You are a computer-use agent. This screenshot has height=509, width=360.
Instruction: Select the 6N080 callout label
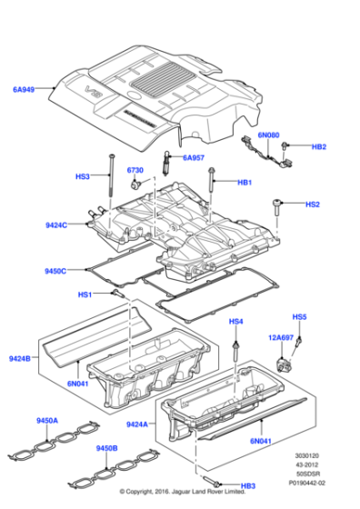(x=269, y=135)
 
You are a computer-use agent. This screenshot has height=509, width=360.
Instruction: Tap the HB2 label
(x=318, y=146)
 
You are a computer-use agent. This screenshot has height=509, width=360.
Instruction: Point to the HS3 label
(x=83, y=177)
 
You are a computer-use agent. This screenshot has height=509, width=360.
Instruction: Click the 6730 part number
(x=135, y=170)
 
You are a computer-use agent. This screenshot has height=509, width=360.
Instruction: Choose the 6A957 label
(x=195, y=157)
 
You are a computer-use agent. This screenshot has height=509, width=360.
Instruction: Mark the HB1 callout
(x=245, y=183)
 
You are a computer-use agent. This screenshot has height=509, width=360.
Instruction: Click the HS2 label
(x=312, y=205)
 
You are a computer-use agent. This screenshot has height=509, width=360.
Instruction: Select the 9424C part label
(x=57, y=225)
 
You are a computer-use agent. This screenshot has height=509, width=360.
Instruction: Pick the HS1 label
(x=85, y=294)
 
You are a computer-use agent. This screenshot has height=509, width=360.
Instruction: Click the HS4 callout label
(x=235, y=322)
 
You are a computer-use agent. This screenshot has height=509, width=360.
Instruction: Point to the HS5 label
(x=299, y=316)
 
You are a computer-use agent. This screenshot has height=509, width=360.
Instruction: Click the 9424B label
(x=21, y=358)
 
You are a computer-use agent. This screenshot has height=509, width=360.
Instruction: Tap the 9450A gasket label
(x=46, y=420)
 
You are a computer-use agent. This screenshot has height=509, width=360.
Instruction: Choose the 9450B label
(x=106, y=448)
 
